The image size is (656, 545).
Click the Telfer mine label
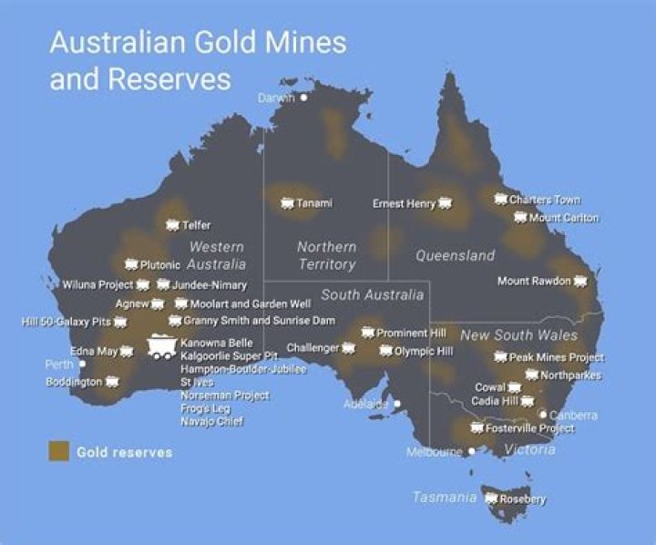[196, 225]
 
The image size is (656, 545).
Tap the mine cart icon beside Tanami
[288, 202]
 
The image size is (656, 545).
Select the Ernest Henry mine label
[404, 203]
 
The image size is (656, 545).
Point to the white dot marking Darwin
[304, 97]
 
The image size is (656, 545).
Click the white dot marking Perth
[82, 364]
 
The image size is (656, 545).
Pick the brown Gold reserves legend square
[58, 451]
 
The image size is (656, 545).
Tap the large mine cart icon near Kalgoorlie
[162, 347]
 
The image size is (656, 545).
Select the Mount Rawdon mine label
[533, 281]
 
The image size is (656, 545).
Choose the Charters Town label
[544, 200]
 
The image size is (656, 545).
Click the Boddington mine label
[74, 382]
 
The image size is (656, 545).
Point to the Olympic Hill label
[423, 350]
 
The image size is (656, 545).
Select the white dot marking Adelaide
[396, 403]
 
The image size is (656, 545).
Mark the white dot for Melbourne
[471, 450]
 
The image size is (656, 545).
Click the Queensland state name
[456, 256]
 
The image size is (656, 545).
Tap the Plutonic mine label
[160, 264]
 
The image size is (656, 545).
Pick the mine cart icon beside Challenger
[347, 348]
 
